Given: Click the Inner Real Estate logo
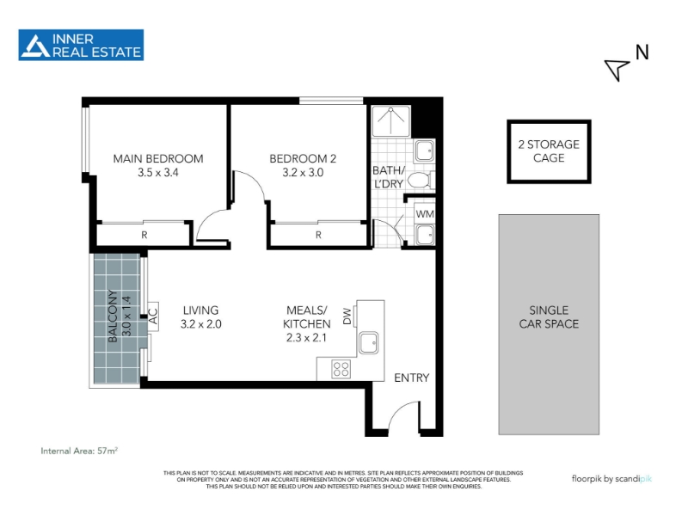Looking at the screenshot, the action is coord(81,45).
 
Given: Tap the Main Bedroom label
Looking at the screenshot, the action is coord(158,158).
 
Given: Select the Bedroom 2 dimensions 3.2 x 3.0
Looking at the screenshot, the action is coord(303,173).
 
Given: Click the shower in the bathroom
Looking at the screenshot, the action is coord(391,120).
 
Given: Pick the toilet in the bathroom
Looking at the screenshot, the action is coord(421,180).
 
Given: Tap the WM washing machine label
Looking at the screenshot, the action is coord(425,214).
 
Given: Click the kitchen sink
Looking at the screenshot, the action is coord(369,342).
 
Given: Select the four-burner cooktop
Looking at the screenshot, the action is coord(341,369).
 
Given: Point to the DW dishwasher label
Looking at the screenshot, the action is coord(347,316).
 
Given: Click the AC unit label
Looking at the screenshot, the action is coord(152,316).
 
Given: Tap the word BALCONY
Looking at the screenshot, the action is coord(113,316).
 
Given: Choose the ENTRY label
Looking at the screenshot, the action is coord(412,378).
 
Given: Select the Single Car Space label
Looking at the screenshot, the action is coord(549,316).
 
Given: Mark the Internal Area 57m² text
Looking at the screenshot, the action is coord(79,451).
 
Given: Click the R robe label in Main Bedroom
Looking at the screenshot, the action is coord(144,235).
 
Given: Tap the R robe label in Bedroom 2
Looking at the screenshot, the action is coord(318,235).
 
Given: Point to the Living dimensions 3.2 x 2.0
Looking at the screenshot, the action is coord(201,324).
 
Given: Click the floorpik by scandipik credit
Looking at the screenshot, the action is coord(611,479).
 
